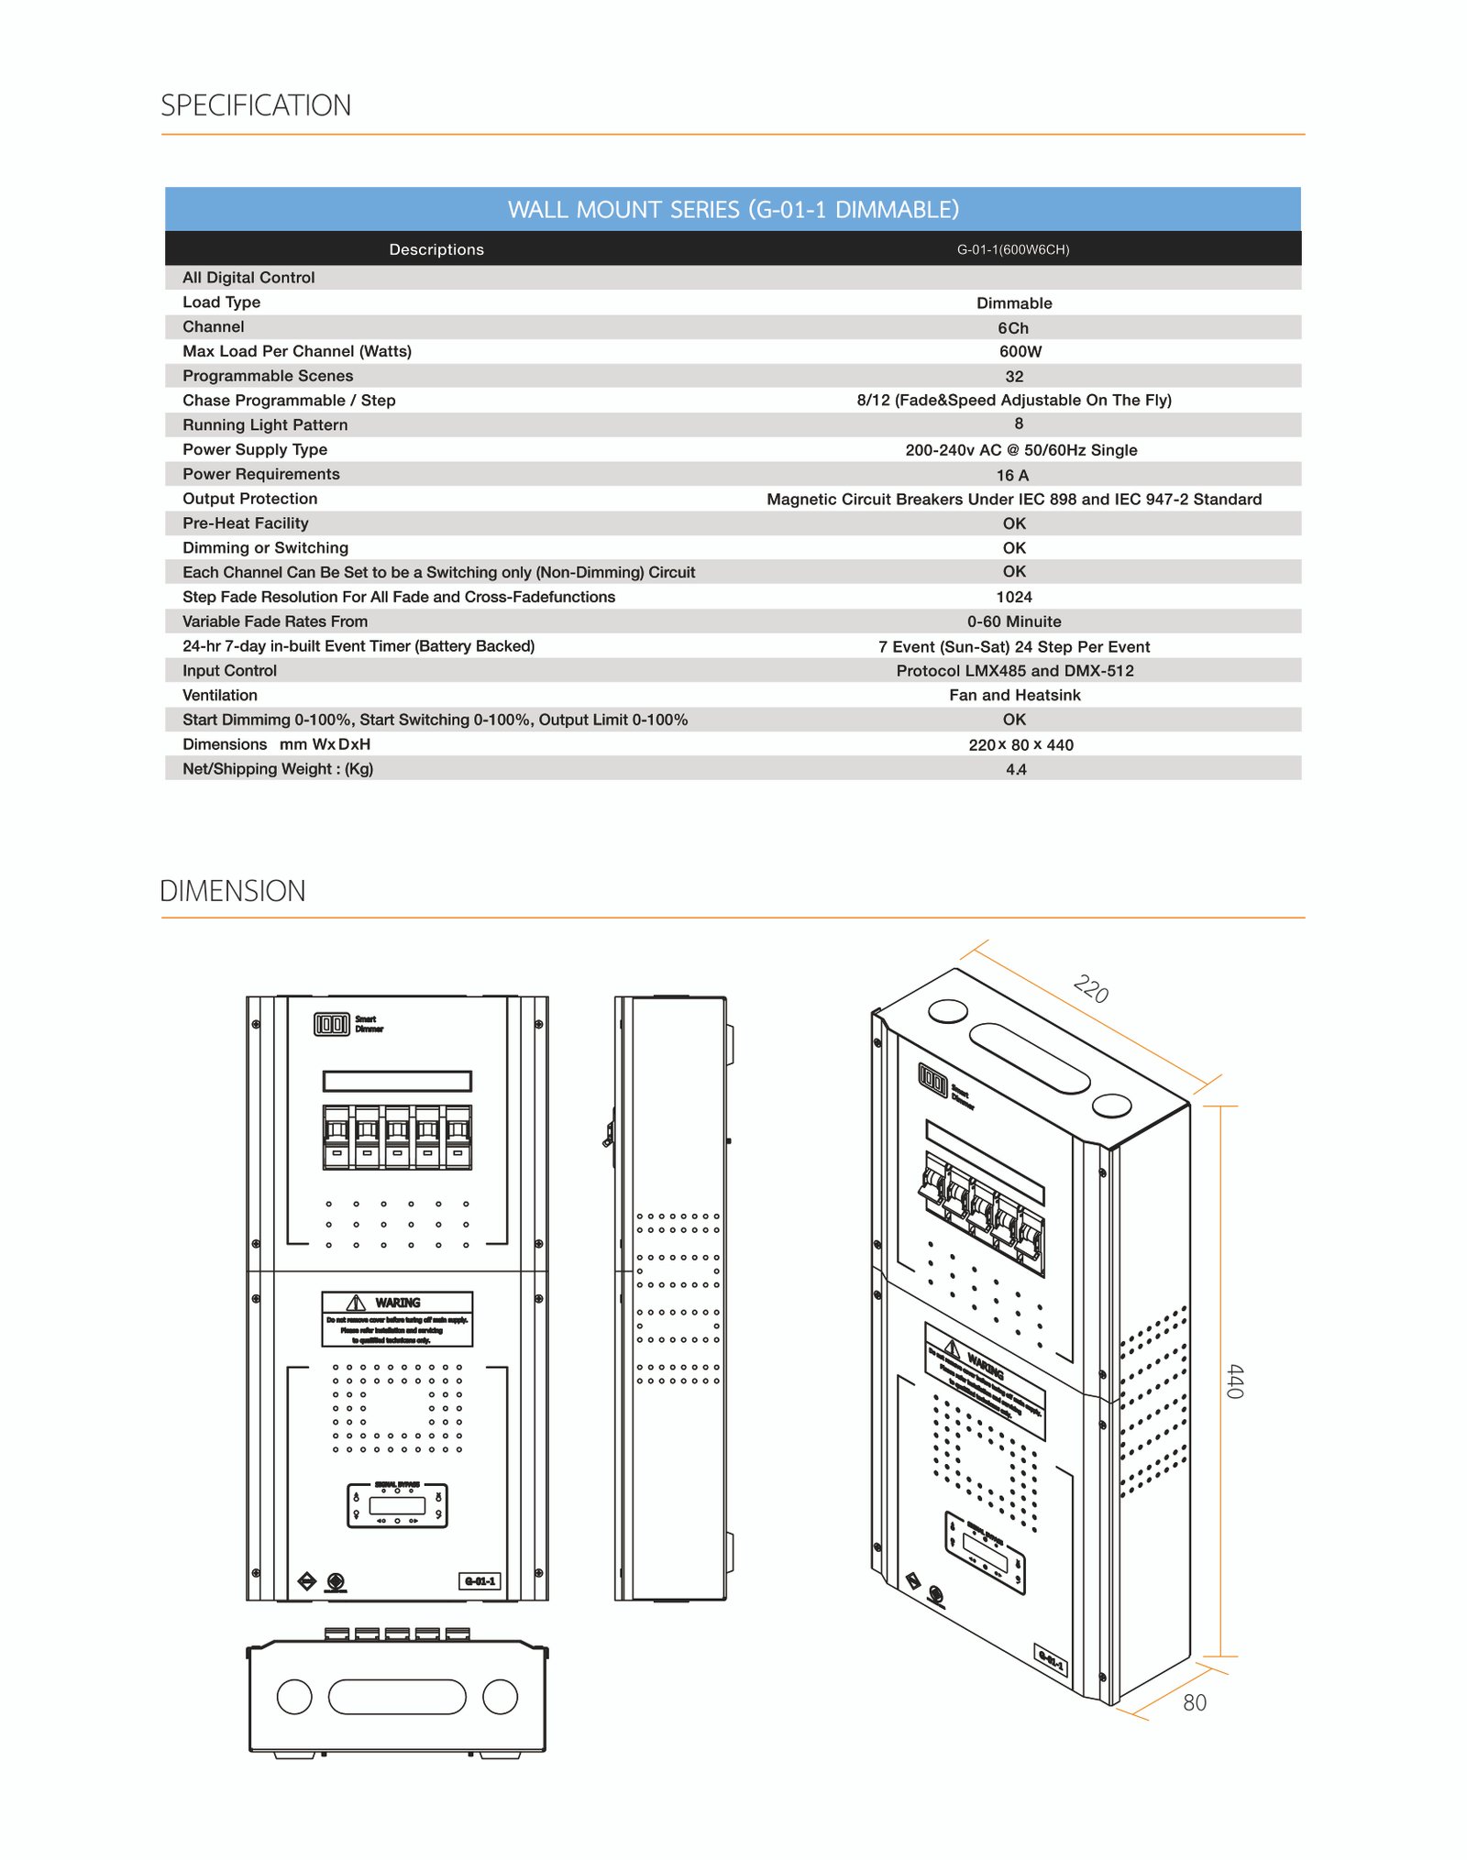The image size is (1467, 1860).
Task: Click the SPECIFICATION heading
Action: pyautogui.click(x=256, y=105)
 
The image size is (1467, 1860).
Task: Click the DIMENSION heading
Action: pyautogui.click(x=233, y=891)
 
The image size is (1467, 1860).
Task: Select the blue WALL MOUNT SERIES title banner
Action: pyautogui.click(x=733, y=209)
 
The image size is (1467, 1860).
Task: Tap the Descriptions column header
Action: pyautogui.click(x=436, y=249)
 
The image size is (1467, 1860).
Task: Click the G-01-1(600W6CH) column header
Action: pyautogui.click(x=1013, y=249)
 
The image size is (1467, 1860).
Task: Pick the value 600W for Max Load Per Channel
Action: pyautogui.click(x=1020, y=352)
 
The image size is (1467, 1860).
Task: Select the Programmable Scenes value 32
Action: pyautogui.click(x=1014, y=377)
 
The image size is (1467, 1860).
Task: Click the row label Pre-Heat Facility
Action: pyautogui.click(x=246, y=523)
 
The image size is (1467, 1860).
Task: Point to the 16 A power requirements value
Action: pyautogui.click(x=1013, y=475)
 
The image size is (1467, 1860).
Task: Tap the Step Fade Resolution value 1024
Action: pyautogui.click(x=1014, y=597)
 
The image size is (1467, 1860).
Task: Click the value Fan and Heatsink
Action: pyautogui.click(x=1015, y=695)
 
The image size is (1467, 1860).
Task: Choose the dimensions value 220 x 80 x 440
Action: pyautogui.click(x=1020, y=744)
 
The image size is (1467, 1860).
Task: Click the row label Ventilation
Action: pyautogui.click(x=220, y=695)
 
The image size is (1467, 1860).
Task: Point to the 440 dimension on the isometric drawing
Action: pyautogui.click(x=1235, y=1381)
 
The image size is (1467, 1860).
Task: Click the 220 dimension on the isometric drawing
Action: pyautogui.click(x=1091, y=990)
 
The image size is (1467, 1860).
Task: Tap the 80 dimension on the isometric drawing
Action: pyautogui.click(x=1195, y=1703)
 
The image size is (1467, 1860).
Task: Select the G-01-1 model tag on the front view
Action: pyautogui.click(x=480, y=1581)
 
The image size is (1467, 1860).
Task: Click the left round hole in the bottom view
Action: pyautogui.click(x=294, y=1697)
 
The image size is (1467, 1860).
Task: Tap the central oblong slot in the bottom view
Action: pyautogui.click(x=397, y=1697)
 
